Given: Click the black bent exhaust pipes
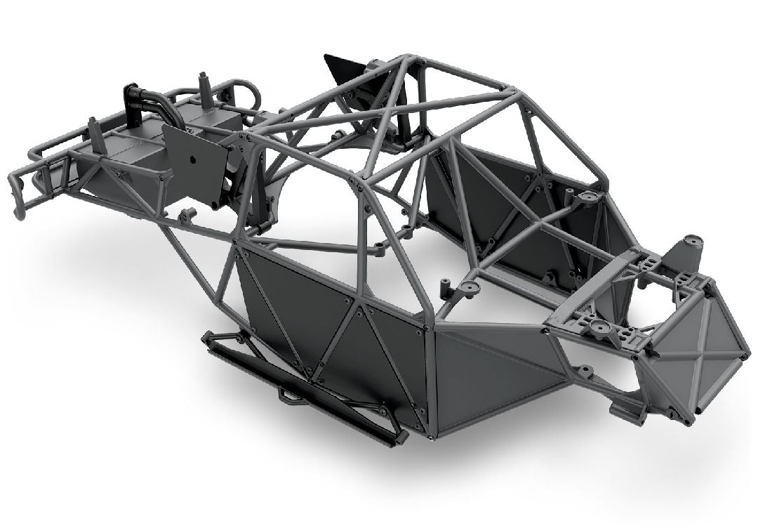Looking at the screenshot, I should tap(140, 105).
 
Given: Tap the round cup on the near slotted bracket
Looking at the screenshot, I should tap(598, 328).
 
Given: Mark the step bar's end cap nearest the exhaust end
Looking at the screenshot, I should tap(211, 339).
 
